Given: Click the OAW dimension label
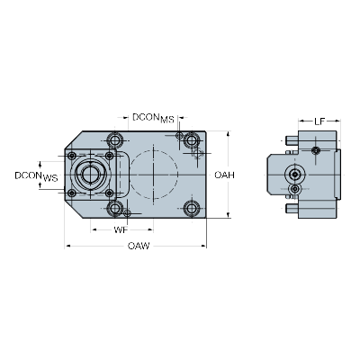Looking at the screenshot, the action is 139,246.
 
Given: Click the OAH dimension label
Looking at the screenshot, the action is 224,175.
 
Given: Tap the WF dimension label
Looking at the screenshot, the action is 121,230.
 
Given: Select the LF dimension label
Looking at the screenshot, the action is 319,121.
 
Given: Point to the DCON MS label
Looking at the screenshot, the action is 153,118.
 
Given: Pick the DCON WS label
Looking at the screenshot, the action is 36,176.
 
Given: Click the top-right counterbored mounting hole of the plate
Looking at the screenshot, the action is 192,140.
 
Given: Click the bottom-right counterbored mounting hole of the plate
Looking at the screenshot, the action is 192,208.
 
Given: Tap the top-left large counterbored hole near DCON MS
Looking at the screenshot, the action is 115,140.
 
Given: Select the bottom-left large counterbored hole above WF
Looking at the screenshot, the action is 115,208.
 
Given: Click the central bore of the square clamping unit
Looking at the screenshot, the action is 90,175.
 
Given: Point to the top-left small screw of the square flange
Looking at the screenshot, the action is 72,156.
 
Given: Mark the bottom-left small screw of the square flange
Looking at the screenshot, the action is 72,193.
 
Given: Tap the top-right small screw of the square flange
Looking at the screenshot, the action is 110,156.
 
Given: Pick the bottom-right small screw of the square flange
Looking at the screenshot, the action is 110,193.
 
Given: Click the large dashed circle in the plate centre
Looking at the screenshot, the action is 130,175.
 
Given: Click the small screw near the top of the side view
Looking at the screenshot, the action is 316,150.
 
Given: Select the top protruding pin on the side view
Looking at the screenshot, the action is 292,140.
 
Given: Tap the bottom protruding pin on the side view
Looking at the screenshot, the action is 292,208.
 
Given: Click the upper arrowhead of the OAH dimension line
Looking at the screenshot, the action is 229,134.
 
